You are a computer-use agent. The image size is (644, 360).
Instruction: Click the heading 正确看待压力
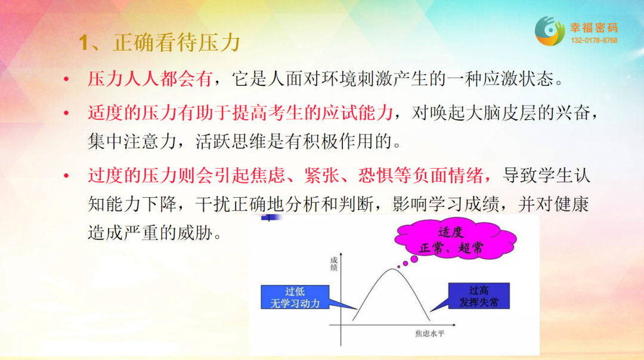[x=177, y=43]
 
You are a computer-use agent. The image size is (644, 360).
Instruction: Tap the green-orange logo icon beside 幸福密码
[x=550, y=31]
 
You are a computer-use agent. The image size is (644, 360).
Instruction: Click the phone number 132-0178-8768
[x=594, y=41]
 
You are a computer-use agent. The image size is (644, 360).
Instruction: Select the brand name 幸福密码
[x=594, y=28]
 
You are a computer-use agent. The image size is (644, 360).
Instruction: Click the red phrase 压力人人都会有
[x=150, y=79]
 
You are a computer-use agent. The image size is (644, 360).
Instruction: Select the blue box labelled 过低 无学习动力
[x=295, y=297]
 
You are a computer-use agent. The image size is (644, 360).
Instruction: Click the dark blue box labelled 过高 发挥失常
[x=479, y=296]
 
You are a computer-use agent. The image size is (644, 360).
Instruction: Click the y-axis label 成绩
[x=334, y=264]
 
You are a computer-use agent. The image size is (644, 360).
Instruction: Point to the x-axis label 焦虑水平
[x=429, y=333]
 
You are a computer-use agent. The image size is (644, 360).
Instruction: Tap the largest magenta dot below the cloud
[x=414, y=259]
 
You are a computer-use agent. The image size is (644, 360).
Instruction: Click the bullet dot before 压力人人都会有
[x=66, y=79]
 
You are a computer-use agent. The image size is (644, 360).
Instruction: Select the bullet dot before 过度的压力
[x=66, y=176]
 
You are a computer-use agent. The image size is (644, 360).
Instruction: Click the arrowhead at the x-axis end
[x=453, y=325]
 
